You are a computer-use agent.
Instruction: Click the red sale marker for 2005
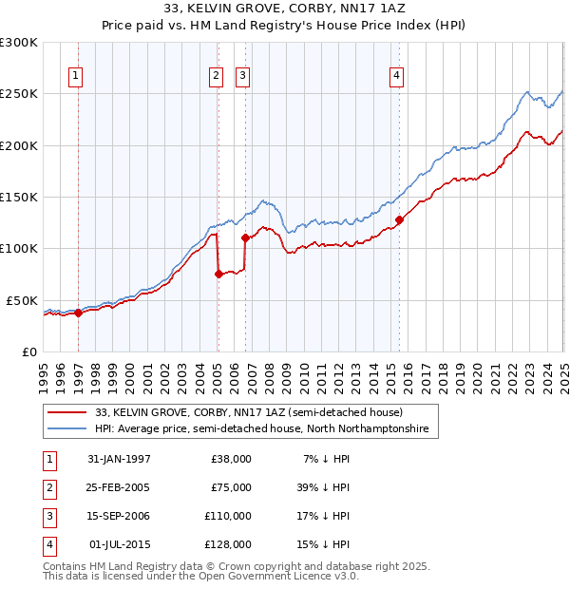click(218, 274)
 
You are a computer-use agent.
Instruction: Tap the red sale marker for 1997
click(79, 313)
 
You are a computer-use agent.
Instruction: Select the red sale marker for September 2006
click(246, 237)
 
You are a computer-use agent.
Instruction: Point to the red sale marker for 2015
click(399, 219)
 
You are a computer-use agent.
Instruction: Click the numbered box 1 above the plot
click(75, 77)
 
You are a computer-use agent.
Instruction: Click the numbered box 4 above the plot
click(395, 77)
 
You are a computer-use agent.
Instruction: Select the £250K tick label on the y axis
click(19, 94)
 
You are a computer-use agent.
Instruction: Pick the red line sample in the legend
click(67, 413)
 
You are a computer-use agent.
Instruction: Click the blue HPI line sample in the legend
click(67, 429)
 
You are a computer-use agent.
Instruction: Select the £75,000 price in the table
click(231, 487)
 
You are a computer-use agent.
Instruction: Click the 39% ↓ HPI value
click(324, 487)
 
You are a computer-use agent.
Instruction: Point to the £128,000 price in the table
click(228, 544)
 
